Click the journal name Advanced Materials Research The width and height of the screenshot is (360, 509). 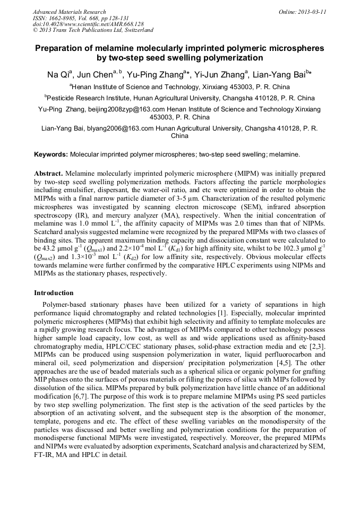[70, 12]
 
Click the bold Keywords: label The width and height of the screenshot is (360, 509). [51, 154]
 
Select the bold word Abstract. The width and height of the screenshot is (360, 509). [48, 174]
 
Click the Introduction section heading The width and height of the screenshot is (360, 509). [54, 292]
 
